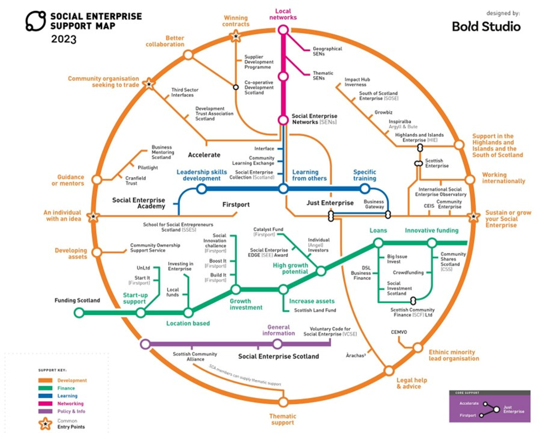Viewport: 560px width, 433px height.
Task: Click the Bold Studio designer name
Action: (486, 27)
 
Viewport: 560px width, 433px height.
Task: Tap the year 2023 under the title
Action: (64, 39)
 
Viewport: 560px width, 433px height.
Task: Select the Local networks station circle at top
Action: (283, 30)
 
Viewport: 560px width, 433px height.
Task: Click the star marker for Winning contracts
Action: (236, 37)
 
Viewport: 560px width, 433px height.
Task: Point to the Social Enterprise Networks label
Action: (314, 119)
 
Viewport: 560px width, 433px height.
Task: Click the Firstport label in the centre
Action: (236, 205)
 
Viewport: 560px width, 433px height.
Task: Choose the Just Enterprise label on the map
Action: (330, 203)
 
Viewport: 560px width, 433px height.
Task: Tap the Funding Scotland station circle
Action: (79, 313)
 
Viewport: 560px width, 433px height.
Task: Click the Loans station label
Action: (378, 231)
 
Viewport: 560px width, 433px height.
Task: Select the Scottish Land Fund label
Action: (315, 310)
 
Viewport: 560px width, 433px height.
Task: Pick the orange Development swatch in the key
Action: (45, 381)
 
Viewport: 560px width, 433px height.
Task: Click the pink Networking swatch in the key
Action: (45, 404)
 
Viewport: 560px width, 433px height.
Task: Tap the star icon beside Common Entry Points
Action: (45, 424)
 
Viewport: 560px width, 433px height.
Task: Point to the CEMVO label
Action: (399, 332)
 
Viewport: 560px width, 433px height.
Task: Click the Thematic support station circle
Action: (283, 402)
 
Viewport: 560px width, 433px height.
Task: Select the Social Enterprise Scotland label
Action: (278, 356)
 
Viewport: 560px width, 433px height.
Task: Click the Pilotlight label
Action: (148, 168)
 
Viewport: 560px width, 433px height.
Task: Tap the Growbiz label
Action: (383, 112)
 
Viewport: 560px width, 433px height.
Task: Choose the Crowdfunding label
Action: (408, 273)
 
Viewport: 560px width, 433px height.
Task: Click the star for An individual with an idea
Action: (93, 217)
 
